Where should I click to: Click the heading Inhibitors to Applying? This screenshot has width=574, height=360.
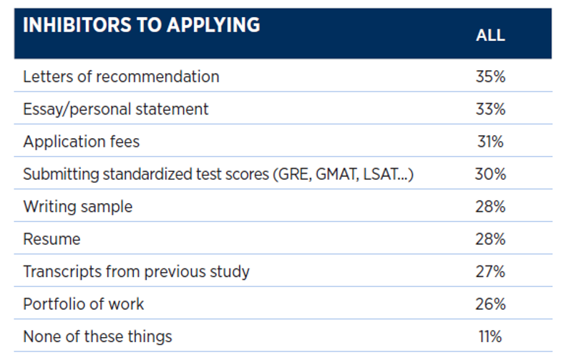[141, 25]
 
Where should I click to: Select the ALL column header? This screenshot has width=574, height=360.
[490, 35]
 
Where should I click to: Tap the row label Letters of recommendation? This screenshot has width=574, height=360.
[121, 76]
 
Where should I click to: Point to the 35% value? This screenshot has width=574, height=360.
[490, 76]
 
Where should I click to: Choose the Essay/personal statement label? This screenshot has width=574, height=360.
[116, 109]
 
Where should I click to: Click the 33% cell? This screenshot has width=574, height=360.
[490, 109]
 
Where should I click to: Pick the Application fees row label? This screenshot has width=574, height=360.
[81, 141]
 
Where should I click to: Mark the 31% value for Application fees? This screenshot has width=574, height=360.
[490, 141]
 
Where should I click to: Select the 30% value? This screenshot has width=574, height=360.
[490, 174]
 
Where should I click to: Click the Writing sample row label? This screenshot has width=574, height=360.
[77, 206]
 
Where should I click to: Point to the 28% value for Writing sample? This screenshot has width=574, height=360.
[490, 206]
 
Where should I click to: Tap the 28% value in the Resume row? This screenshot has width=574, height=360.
[490, 239]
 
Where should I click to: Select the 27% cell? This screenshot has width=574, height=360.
[490, 271]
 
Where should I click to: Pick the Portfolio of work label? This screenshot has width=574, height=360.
[83, 303]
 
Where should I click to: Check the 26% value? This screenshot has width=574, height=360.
[490, 303]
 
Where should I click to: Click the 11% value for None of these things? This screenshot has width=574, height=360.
[490, 336]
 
